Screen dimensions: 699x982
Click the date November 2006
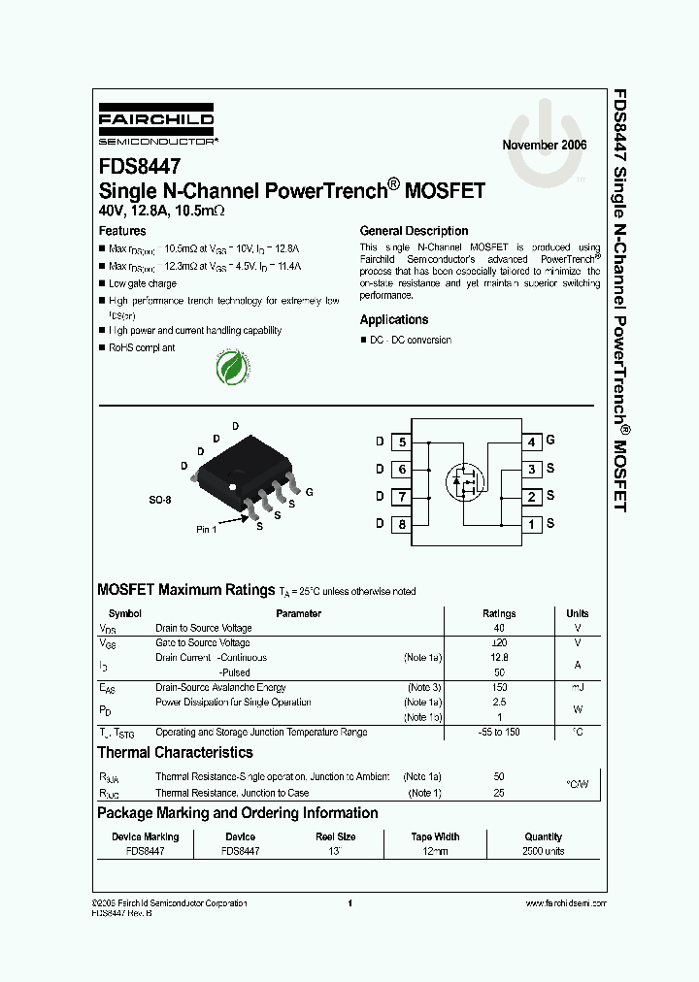pyautogui.click(x=545, y=145)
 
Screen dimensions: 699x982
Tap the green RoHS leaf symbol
pyautogui.click(x=231, y=368)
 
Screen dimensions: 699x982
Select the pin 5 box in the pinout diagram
pyautogui.click(x=402, y=442)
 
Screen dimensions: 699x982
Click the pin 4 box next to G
pyautogui.click(x=531, y=442)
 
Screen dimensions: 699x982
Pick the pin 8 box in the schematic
pyautogui.click(x=402, y=525)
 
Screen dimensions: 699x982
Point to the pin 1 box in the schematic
pyautogui.click(x=531, y=525)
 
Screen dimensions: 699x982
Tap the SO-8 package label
pyautogui.click(x=160, y=500)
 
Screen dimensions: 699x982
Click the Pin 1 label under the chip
pyautogui.click(x=207, y=529)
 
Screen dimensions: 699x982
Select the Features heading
pyautogui.click(x=122, y=231)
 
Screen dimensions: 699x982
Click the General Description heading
pyautogui.click(x=414, y=231)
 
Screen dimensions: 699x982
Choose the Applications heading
pyautogui.click(x=393, y=319)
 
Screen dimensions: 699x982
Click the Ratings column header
pyautogui.click(x=499, y=613)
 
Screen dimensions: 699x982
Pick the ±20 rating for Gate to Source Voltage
pyautogui.click(x=499, y=642)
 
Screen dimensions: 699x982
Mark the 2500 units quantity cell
pyautogui.click(x=544, y=851)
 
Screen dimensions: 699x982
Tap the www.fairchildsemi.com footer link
pyautogui.click(x=565, y=903)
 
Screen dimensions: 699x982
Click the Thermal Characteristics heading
pyautogui.click(x=175, y=752)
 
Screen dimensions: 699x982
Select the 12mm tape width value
pyautogui.click(x=435, y=851)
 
